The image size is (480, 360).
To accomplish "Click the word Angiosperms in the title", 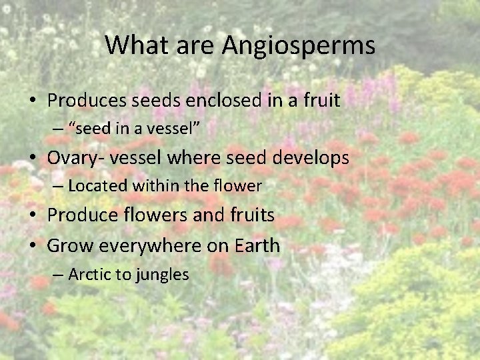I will click(299, 46).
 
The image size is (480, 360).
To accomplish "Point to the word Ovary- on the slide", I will click(73, 158).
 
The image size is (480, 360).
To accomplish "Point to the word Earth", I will click(257, 245).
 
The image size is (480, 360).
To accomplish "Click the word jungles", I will click(163, 275).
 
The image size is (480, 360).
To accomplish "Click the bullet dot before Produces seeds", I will click(33, 101).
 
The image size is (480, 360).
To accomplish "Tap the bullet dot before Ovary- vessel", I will click(33, 159).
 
